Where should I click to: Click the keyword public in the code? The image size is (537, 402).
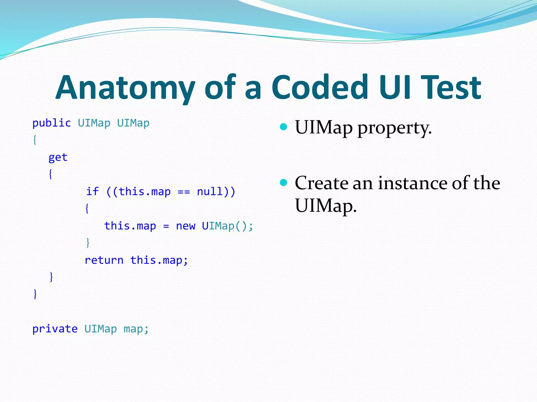(51, 123)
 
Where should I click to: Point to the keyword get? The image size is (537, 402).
(58, 157)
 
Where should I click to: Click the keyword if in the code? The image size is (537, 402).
(92, 191)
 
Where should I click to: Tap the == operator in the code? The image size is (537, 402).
(184, 192)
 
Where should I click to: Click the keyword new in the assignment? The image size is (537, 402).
(185, 226)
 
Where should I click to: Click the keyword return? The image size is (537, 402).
(104, 260)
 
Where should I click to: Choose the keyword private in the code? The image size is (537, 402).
(55, 329)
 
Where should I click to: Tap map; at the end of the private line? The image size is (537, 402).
(136, 329)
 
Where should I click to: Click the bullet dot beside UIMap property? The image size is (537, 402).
(283, 127)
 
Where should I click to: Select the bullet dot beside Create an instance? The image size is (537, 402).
(283, 182)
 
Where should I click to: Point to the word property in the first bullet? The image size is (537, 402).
(394, 128)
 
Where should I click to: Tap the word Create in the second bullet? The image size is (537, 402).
(321, 183)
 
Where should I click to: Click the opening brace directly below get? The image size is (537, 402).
(51, 174)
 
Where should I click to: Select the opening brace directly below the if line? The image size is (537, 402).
(87, 209)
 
